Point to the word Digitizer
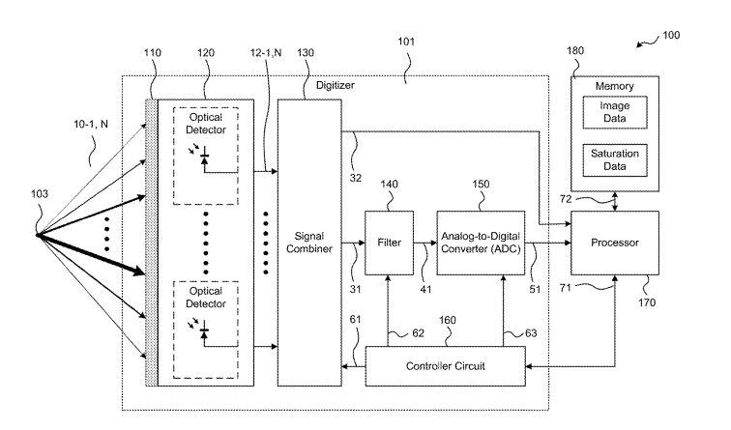pyautogui.click(x=336, y=86)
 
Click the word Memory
pyautogui.click(x=615, y=85)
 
